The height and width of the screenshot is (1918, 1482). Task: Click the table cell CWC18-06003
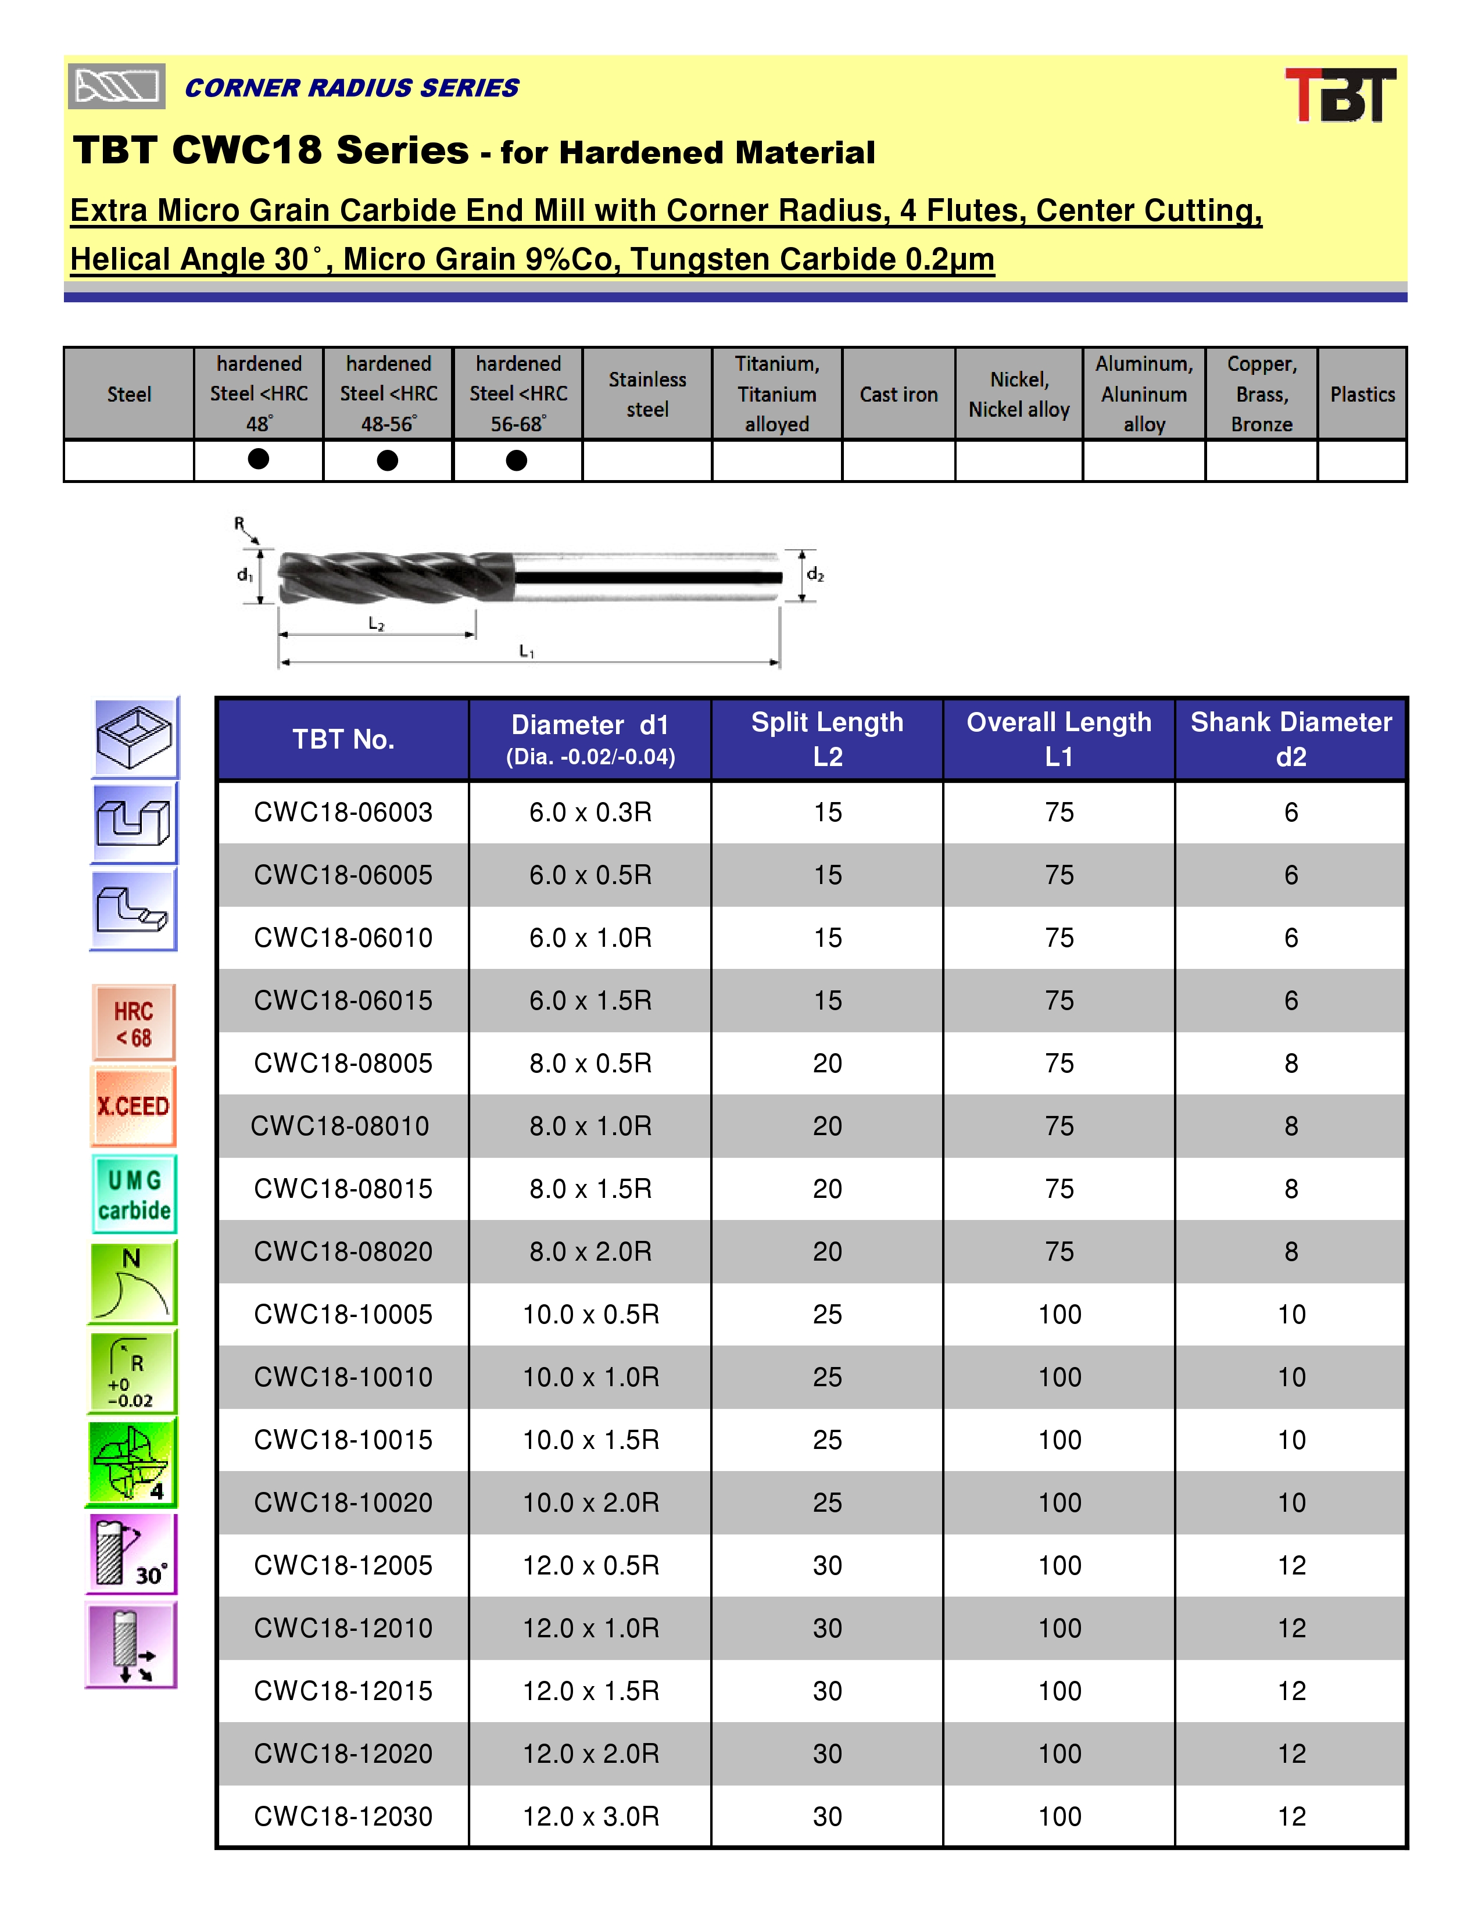343,813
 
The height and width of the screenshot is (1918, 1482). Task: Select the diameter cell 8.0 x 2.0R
590,1251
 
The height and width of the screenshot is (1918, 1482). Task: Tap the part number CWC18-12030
343,1816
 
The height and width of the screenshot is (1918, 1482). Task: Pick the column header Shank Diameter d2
1291,739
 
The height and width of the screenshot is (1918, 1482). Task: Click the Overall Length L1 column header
1059,739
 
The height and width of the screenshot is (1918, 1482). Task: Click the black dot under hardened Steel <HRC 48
258,459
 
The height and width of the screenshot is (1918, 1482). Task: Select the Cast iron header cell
898,394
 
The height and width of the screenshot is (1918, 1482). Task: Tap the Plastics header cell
1362,394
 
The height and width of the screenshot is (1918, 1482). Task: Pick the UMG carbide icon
134,1194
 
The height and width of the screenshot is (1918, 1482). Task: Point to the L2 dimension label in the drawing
377,624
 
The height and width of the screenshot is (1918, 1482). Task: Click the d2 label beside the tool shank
815,574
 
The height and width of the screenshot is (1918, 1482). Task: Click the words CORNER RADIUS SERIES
351,88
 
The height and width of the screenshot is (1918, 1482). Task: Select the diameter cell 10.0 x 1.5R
590,1440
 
